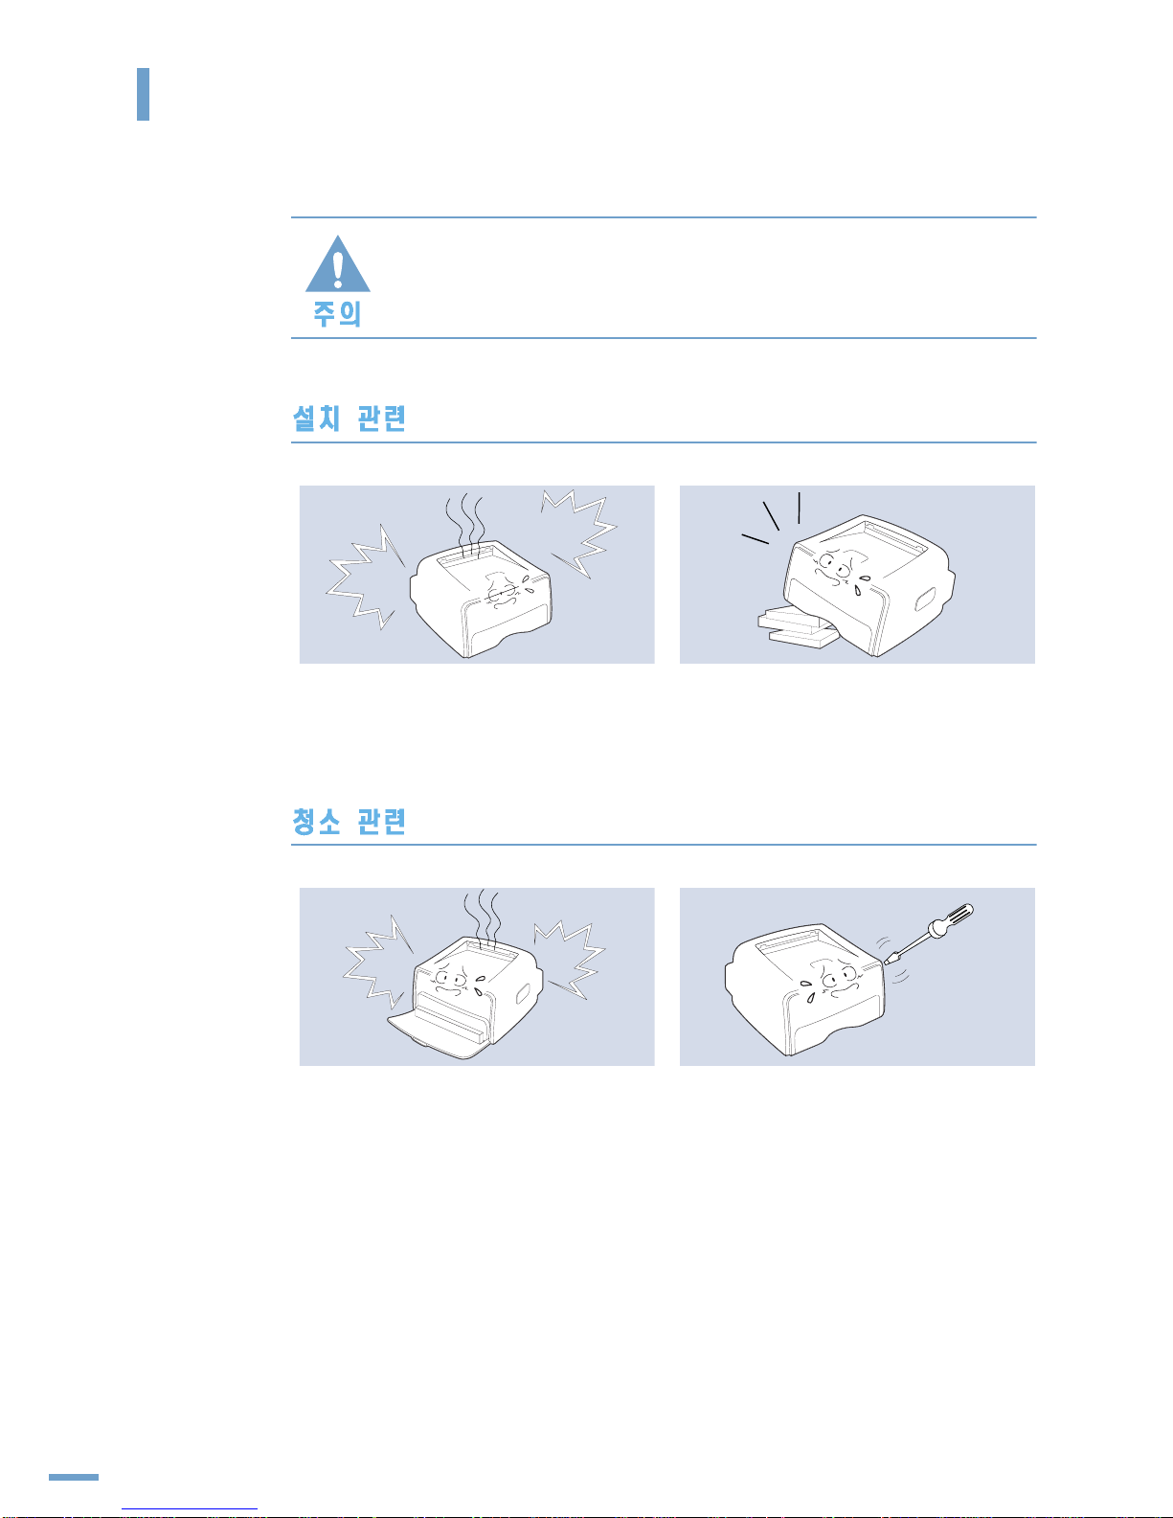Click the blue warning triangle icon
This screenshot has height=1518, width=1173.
point(338,264)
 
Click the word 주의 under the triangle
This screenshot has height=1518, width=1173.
point(337,314)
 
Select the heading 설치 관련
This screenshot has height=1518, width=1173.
point(350,419)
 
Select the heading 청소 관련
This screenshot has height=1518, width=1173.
point(350,821)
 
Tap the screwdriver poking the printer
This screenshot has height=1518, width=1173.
point(930,934)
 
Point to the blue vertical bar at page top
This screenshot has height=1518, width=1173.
point(143,94)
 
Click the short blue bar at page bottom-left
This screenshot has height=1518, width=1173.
point(74,1478)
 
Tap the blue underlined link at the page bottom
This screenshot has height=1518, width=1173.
point(190,1509)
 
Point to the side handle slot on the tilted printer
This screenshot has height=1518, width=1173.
point(925,599)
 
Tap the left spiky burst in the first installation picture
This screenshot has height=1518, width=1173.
point(365,577)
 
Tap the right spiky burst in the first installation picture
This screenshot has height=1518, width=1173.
point(581,534)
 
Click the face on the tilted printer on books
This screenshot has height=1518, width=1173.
point(839,570)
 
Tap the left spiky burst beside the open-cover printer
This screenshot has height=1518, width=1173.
point(378,962)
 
